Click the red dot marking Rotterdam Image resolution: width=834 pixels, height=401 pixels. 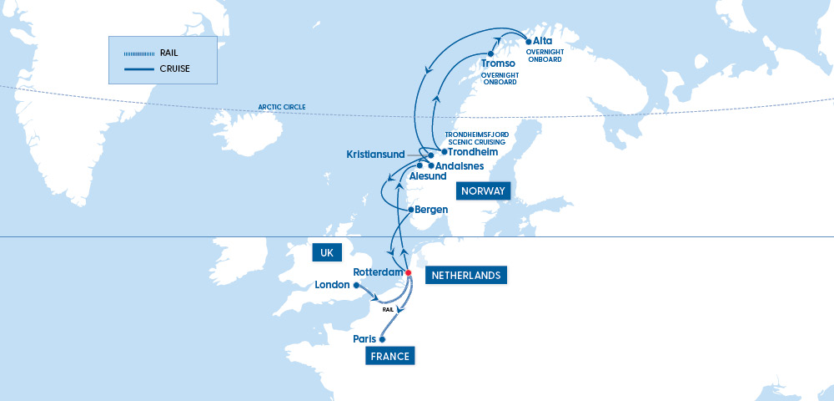[x=408, y=273]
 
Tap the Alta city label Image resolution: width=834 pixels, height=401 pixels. [x=542, y=41]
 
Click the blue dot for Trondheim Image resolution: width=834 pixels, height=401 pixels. [x=444, y=151]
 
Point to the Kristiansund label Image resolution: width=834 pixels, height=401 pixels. [x=375, y=155]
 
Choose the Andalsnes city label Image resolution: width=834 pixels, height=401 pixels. [x=460, y=166]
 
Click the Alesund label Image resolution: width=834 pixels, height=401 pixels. [x=428, y=177]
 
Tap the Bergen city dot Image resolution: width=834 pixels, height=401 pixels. [x=410, y=209]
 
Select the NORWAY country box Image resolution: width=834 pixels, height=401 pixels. [x=483, y=191]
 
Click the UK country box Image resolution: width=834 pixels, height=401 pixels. [x=327, y=251]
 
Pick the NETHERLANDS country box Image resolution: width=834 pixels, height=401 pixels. [x=465, y=275]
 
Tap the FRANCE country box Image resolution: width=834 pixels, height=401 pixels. [x=390, y=357]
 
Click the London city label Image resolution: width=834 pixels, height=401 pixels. [x=333, y=286]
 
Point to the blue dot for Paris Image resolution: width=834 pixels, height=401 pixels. [x=382, y=340]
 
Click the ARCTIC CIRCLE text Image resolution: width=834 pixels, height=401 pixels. [x=282, y=107]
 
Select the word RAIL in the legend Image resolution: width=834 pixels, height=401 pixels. [x=168, y=53]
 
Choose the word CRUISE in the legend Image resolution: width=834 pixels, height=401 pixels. [x=173, y=69]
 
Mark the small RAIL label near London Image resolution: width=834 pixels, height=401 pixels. [x=388, y=310]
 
